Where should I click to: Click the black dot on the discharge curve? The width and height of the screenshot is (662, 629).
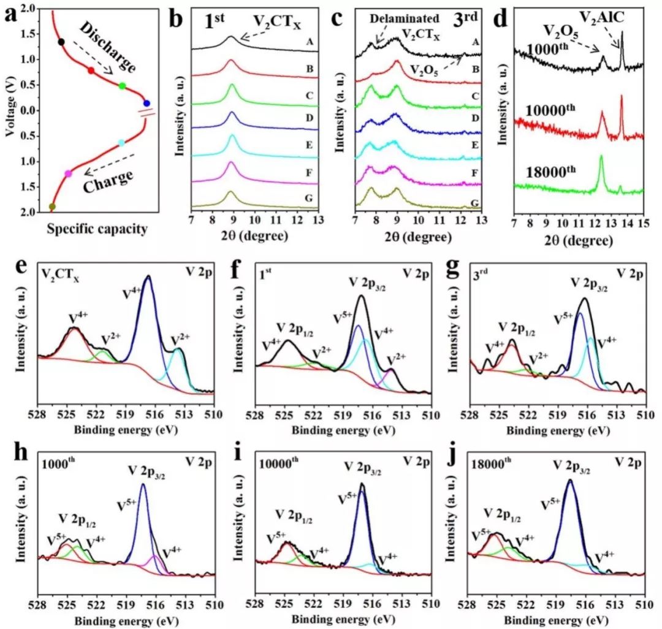[x=61, y=42]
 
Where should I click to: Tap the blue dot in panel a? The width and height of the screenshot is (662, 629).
[x=146, y=103]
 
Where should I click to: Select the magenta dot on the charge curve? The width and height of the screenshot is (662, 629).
[x=68, y=173]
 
